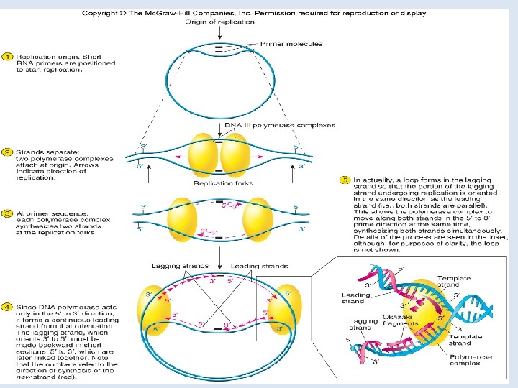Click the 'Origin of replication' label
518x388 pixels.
pyautogui.click(x=220, y=22)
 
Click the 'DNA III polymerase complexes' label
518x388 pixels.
pyautogui.click(x=281, y=125)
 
